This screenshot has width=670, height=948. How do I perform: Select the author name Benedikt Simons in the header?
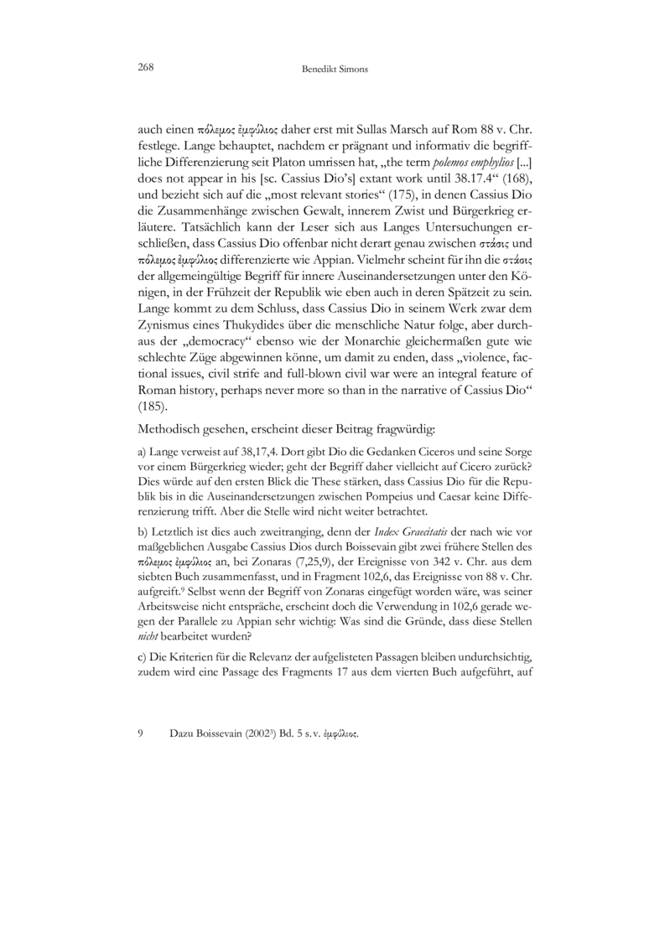[335, 70]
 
